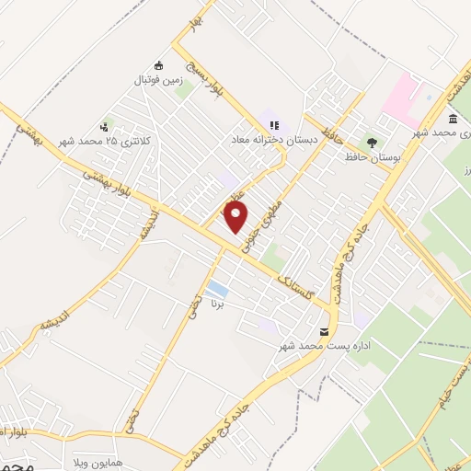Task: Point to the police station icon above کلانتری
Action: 104,127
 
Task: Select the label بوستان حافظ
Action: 363,157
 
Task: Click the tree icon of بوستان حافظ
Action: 372,143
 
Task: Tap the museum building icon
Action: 454,119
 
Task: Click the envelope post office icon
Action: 323,331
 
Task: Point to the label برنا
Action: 217,303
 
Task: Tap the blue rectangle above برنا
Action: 217,290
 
